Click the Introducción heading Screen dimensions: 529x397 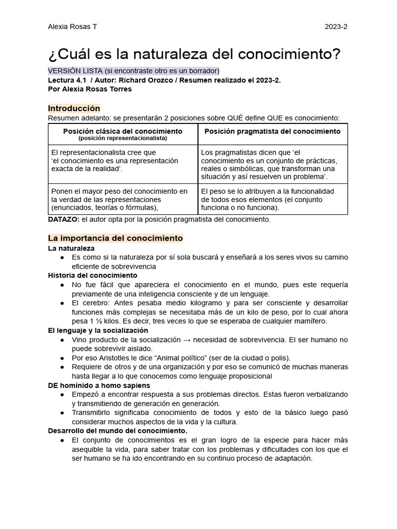[74, 108]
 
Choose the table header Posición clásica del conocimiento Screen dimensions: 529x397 [123, 131]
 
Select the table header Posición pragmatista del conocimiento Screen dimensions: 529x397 [272, 131]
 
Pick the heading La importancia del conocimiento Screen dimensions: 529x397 [115, 238]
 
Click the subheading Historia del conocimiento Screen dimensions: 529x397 [93, 275]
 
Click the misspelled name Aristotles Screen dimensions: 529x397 [109, 358]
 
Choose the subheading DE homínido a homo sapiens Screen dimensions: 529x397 [99, 385]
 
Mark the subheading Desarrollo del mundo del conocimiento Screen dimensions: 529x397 [118, 430]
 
